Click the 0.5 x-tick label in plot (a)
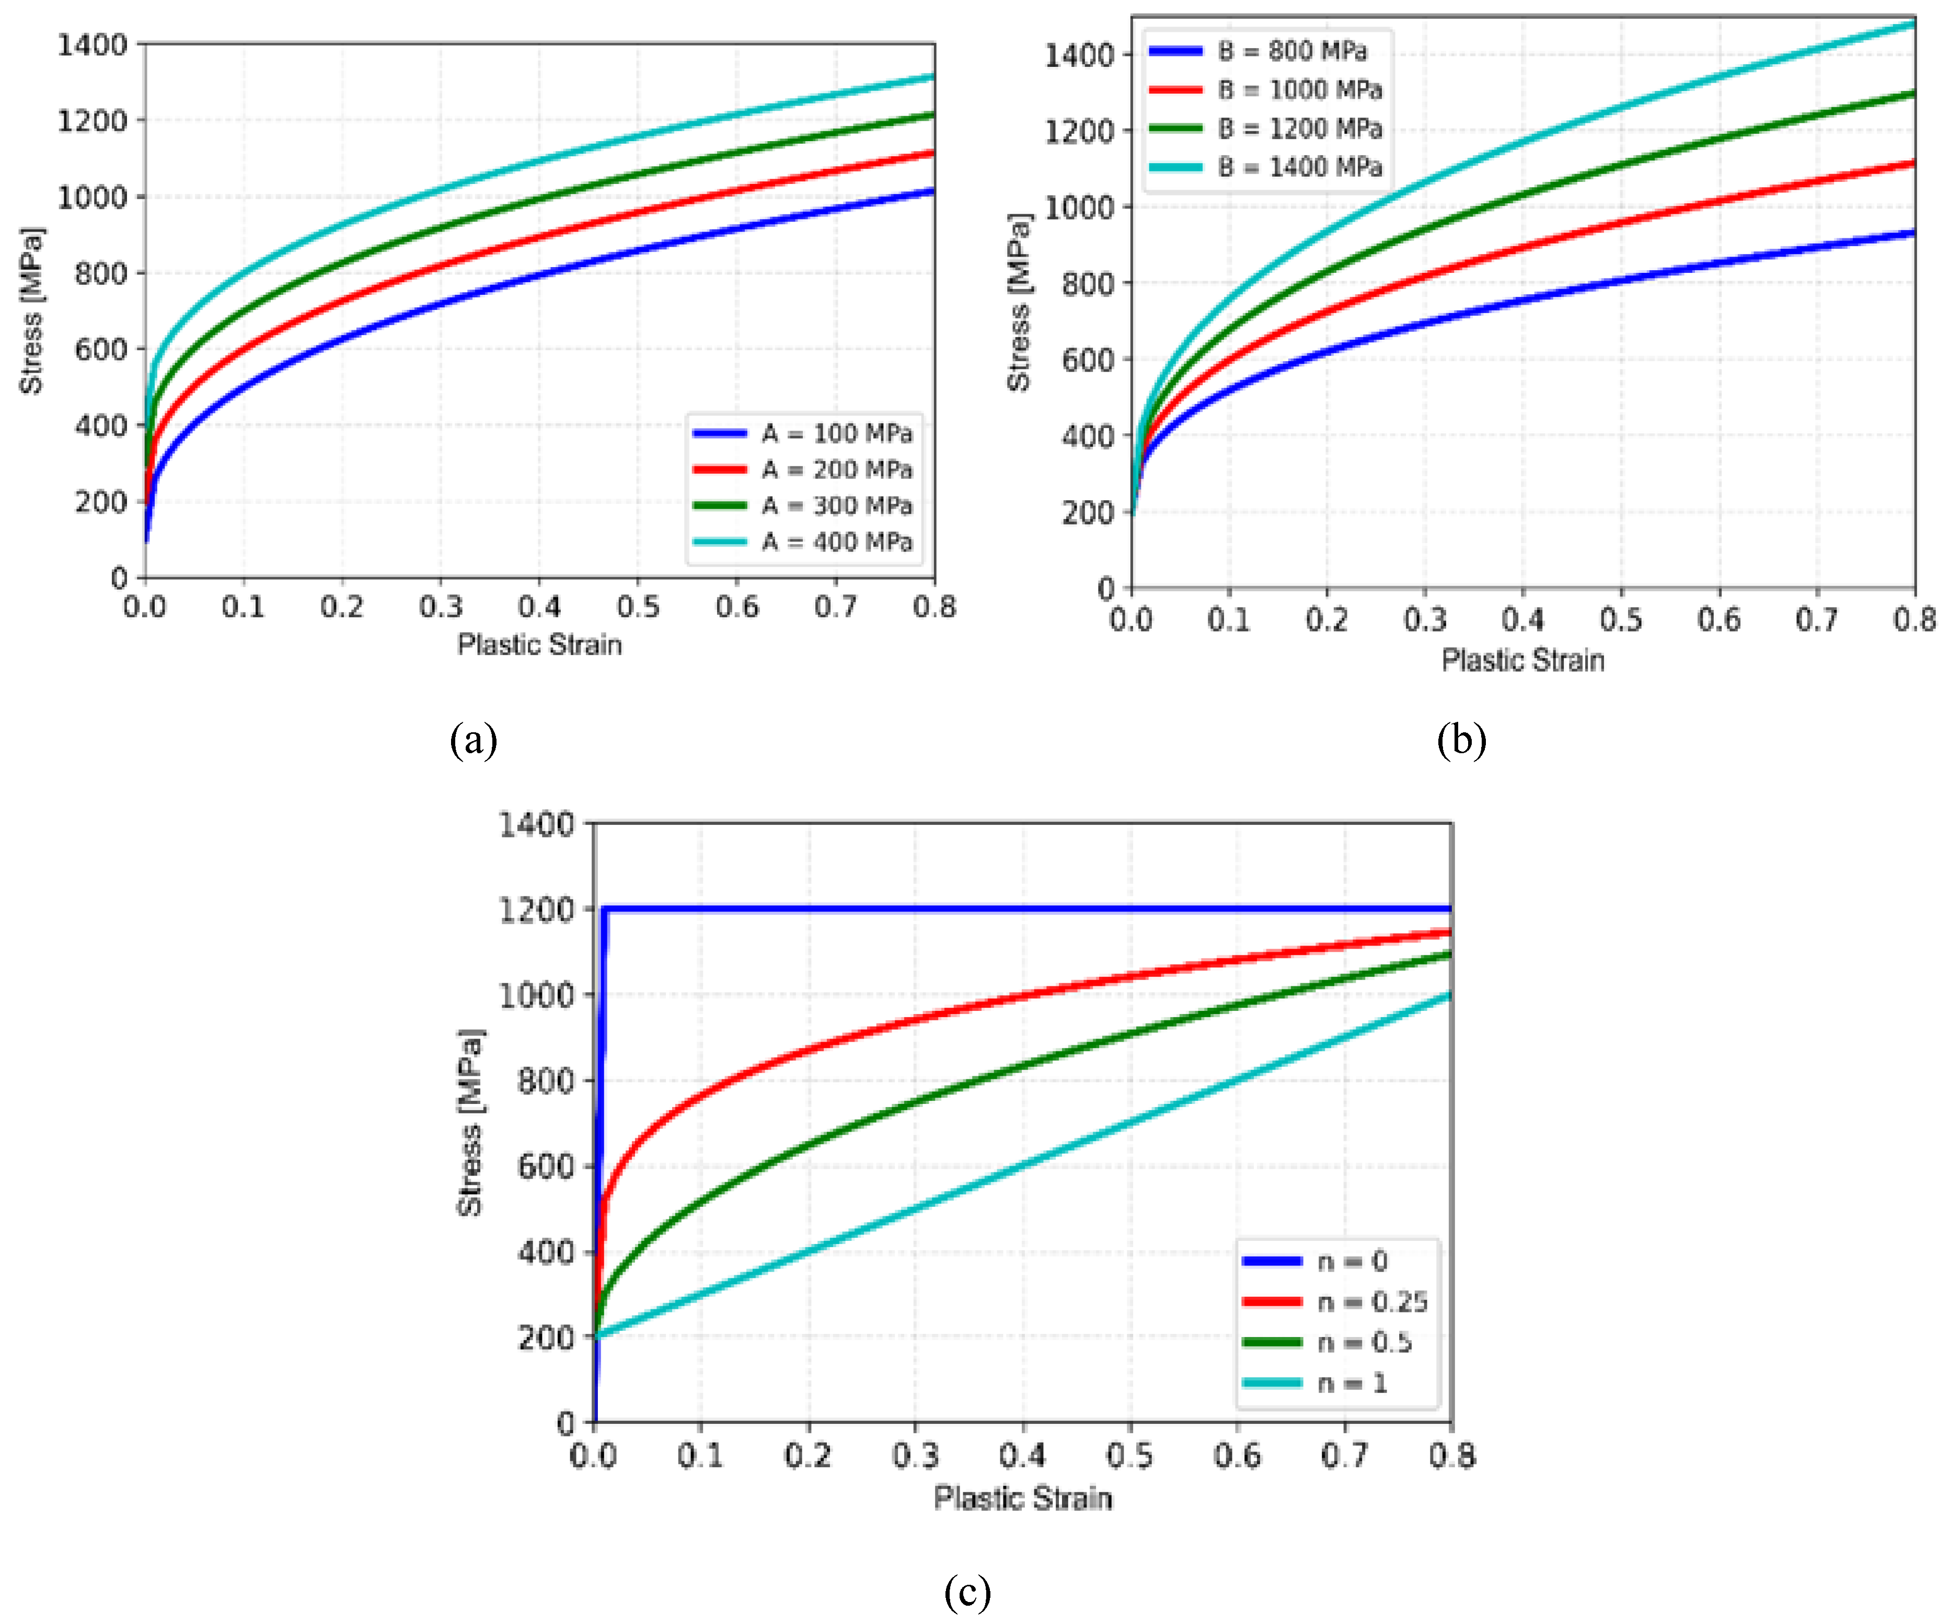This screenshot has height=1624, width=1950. click(638, 607)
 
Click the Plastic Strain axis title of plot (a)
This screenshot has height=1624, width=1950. click(539, 644)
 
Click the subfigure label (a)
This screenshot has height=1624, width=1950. click(474, 740)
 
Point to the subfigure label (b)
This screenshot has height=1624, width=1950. click(1461, 740)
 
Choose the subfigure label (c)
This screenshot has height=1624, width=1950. click(967, 1593)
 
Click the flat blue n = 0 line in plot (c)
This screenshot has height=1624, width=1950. click(1021, 909)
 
